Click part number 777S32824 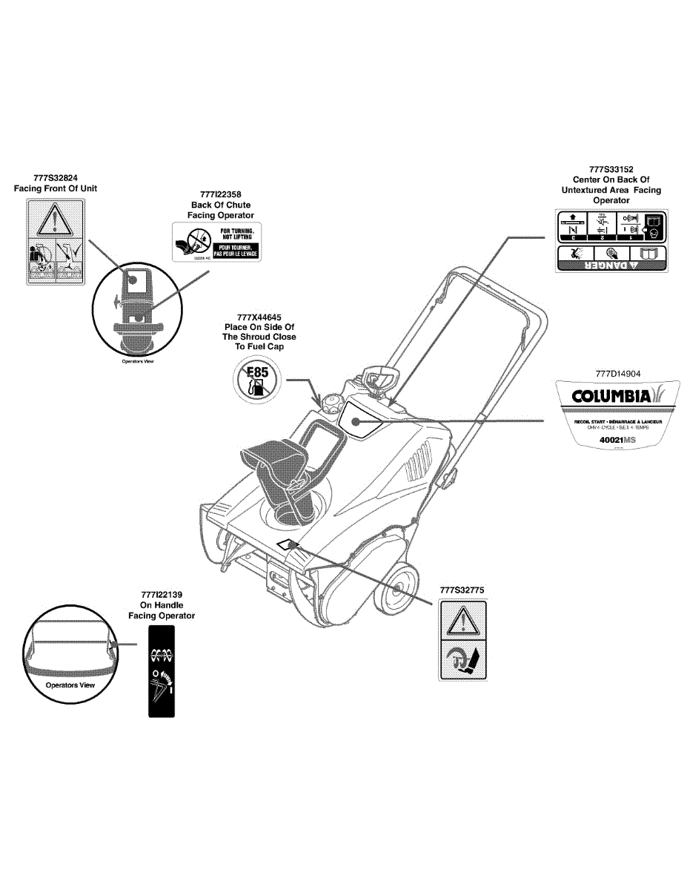[56, 178]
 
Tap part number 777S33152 [611, 169]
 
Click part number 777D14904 [617, 374]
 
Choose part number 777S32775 [462, 590]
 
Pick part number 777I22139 [161, 595]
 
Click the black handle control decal [162, 670]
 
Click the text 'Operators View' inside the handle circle [70, 685]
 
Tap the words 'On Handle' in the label [162, 605]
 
